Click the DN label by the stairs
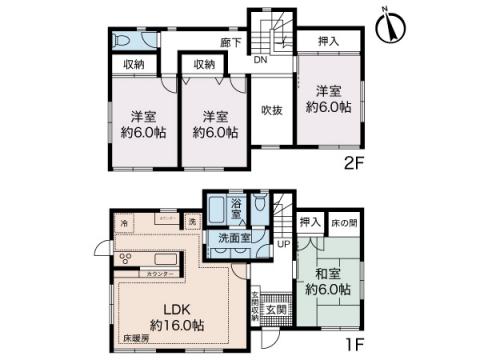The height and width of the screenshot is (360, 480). coord(258,60)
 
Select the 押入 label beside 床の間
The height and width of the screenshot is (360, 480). coord(309,221)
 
